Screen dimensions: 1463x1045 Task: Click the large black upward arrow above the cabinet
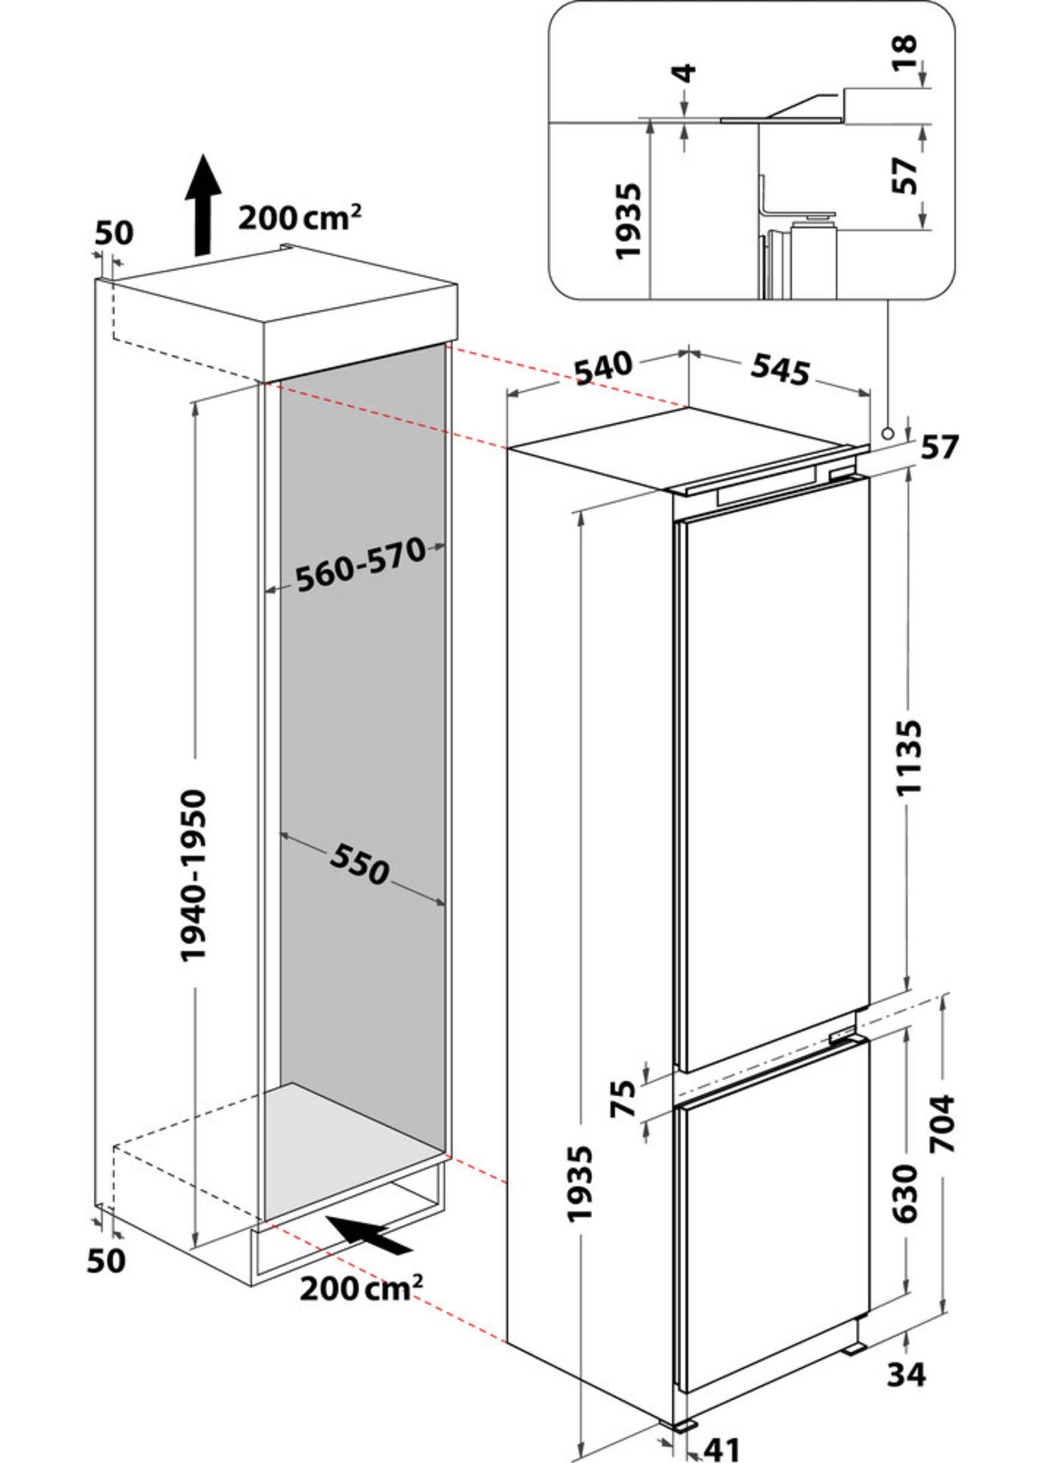[x=202, y=206]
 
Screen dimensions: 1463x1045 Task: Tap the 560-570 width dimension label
[x=361, y=565]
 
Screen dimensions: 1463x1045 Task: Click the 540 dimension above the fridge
[x=603, y=368]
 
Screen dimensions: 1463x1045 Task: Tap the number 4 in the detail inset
[x=686, y=73]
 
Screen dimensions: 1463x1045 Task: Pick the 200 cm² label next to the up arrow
[x=299, y=218]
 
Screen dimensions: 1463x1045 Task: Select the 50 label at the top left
[x=114, y=233]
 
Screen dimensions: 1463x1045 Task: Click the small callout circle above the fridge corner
[x=888, y=434]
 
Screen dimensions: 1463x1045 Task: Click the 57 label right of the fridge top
[x=939, y=447]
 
